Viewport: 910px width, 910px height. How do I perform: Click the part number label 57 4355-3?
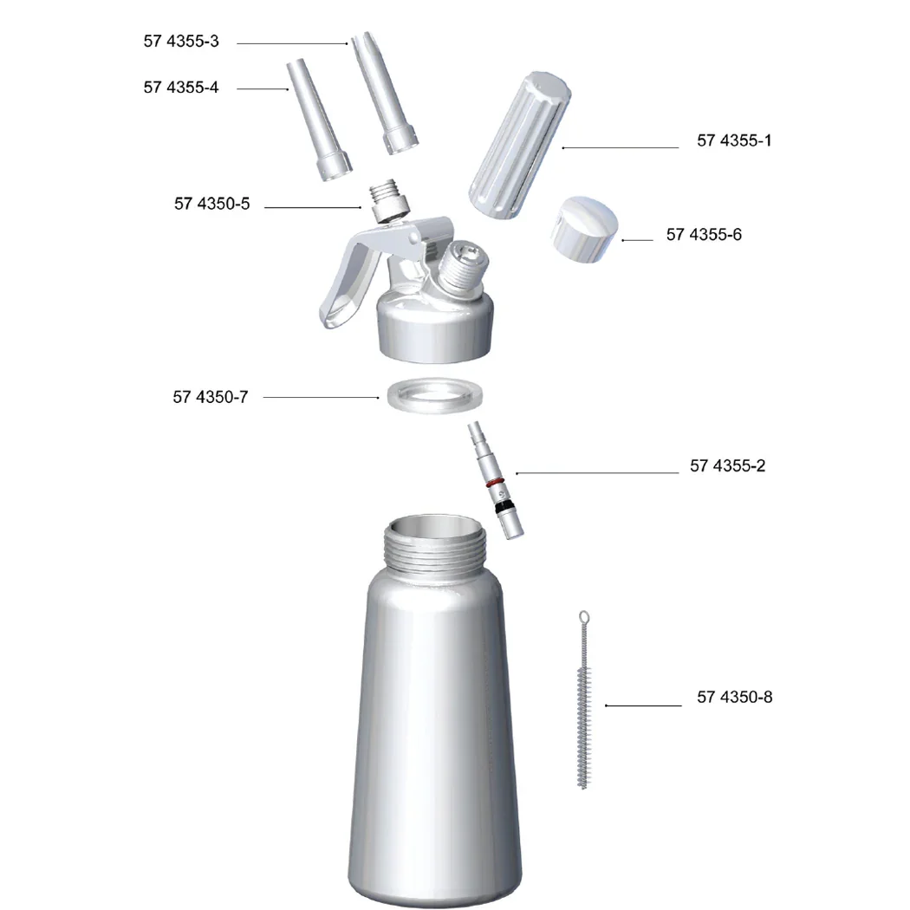coord(181,41)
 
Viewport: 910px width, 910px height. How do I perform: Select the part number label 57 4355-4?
coord(181,88)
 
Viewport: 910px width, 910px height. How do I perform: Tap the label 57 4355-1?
coord(734,140)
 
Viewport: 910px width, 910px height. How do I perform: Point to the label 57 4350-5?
coord(211,205)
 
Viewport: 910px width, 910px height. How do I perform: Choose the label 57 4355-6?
coord(704,235)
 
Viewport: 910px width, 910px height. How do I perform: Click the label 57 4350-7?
coord(211,398)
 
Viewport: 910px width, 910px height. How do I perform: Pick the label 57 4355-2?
coord(727,466)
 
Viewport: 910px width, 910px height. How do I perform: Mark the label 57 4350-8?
coord(734,697)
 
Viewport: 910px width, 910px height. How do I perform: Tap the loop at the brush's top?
coord(584,617)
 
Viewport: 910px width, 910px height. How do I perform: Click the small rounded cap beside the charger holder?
coord(585,227)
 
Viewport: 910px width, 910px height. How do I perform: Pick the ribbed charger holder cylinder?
coord(517,148)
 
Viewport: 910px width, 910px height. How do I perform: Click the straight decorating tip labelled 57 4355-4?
coord(319,121)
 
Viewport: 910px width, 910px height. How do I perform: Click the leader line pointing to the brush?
coord(643,705)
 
